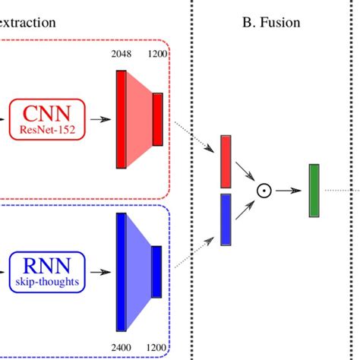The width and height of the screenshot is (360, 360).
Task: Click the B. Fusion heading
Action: (x=271, y=22)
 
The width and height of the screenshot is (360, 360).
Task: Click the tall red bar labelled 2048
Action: (x=121, y=118)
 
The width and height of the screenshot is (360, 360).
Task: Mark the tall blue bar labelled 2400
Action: (x=121, y=272)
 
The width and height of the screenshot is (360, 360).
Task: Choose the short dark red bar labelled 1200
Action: (x=157, y=118)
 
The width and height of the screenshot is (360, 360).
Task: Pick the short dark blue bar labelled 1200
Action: (x=156, y=271)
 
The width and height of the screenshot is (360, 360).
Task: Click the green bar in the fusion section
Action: (x=314, y=190)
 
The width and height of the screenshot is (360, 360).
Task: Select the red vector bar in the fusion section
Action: (x=226, y=161)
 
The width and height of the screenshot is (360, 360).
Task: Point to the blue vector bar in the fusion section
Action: (x=226, y=219)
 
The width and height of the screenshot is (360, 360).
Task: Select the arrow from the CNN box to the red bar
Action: (x=99, y=118)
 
